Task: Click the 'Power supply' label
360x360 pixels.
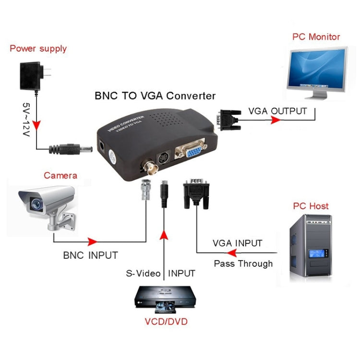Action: (38, 48)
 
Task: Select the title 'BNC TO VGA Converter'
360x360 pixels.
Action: (155, 96)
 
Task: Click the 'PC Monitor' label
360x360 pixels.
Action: (316, 37)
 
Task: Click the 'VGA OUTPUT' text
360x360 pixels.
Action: (277, 111)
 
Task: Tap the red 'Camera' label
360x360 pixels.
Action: (60, 176)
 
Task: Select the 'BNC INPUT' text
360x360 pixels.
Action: (90, 255)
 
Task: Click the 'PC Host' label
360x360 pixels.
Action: (311, 206)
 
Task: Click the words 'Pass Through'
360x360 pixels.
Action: (243, 264)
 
